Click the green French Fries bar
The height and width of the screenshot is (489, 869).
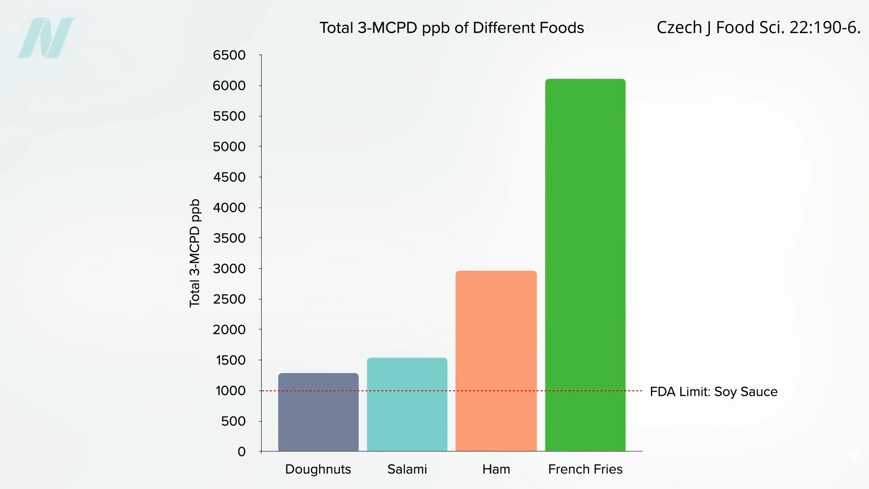[x=585, y=265]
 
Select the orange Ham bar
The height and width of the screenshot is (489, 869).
[x=496, y=361]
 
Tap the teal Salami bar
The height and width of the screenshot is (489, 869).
[x=407, y=404]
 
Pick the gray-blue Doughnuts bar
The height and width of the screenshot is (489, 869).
[x=318, y=412]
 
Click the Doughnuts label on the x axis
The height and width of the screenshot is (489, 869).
[x=318, y=469]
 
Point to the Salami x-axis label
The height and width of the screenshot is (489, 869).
[x=407, y=469]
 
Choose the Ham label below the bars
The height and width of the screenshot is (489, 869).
[x=496, y=469]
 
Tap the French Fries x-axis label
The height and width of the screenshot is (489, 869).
[x=585, y=469]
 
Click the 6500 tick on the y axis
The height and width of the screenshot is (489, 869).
[x=229, y=55]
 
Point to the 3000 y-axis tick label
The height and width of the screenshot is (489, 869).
[x=229, y=268]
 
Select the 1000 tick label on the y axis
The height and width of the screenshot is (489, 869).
[x=230, y=391]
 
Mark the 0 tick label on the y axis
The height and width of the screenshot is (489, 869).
[x=242, y=451]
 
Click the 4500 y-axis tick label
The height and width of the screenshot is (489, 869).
[x=229, y=177]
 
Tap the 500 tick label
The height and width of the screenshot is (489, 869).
[x=233, y=421]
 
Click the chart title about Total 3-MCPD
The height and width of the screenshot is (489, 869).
[x=452, y=28]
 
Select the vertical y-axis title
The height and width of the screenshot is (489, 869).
[x=195, y=254]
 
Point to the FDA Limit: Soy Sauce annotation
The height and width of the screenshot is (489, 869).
[x=713, y=392]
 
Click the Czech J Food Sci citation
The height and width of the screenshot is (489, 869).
[x=758, y=28]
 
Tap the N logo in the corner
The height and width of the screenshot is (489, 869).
[x=46, y=38]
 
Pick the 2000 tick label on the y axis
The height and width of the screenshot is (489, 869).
[x=229, y=330]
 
